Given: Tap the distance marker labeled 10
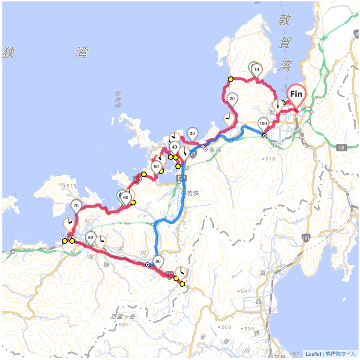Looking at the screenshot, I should (256, 70).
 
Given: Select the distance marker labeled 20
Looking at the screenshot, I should (232, 98).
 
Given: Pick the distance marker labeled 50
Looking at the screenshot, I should (157, 166).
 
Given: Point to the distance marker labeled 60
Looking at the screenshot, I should (126, 198).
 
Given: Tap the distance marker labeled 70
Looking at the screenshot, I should (76, 205).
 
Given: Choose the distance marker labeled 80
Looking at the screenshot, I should (91, 237).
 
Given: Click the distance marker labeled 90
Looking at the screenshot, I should (158, 262).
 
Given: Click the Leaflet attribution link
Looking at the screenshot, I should (313, 354).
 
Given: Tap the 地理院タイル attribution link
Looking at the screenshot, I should (340, 354).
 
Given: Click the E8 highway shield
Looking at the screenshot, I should (342, 147).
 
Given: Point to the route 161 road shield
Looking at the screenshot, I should (306, 239).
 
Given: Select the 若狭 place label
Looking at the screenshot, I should (193, 193).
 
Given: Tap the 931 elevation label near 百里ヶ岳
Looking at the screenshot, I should (124, 324).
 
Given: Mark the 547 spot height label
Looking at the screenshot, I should (245, 291).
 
